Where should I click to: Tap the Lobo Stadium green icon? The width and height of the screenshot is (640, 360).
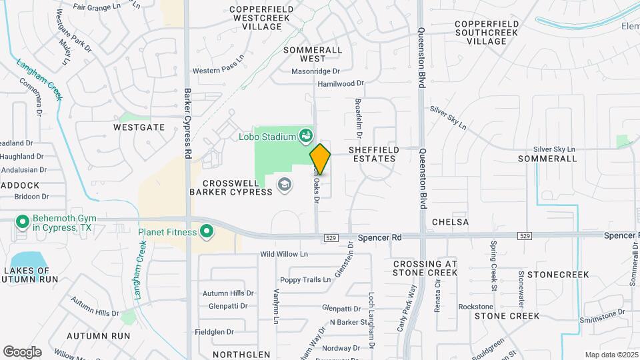point(306,137)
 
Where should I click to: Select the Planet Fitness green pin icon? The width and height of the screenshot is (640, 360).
point(207,232)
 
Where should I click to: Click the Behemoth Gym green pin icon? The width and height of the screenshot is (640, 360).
point(22,221)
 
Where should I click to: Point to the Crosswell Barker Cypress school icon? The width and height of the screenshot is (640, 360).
point(285,184)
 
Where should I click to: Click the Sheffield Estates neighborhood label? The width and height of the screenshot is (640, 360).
point(372,155)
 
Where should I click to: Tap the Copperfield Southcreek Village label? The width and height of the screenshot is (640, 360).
point(486,33)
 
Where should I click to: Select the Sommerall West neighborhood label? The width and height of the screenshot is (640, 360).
point(313,54)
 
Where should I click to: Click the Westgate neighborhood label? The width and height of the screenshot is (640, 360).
point(139,127)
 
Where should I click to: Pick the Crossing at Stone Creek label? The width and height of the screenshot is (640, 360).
point(425,268)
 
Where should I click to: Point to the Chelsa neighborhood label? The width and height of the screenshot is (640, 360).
point(450,221)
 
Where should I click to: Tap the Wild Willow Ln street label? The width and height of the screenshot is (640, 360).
point(284,254)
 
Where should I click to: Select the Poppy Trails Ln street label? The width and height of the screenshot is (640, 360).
point(305,280)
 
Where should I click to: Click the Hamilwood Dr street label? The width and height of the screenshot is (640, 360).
point(341,84)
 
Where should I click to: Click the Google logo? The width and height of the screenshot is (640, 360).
point(22,352)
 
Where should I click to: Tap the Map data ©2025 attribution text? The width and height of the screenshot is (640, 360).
point(611,355)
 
